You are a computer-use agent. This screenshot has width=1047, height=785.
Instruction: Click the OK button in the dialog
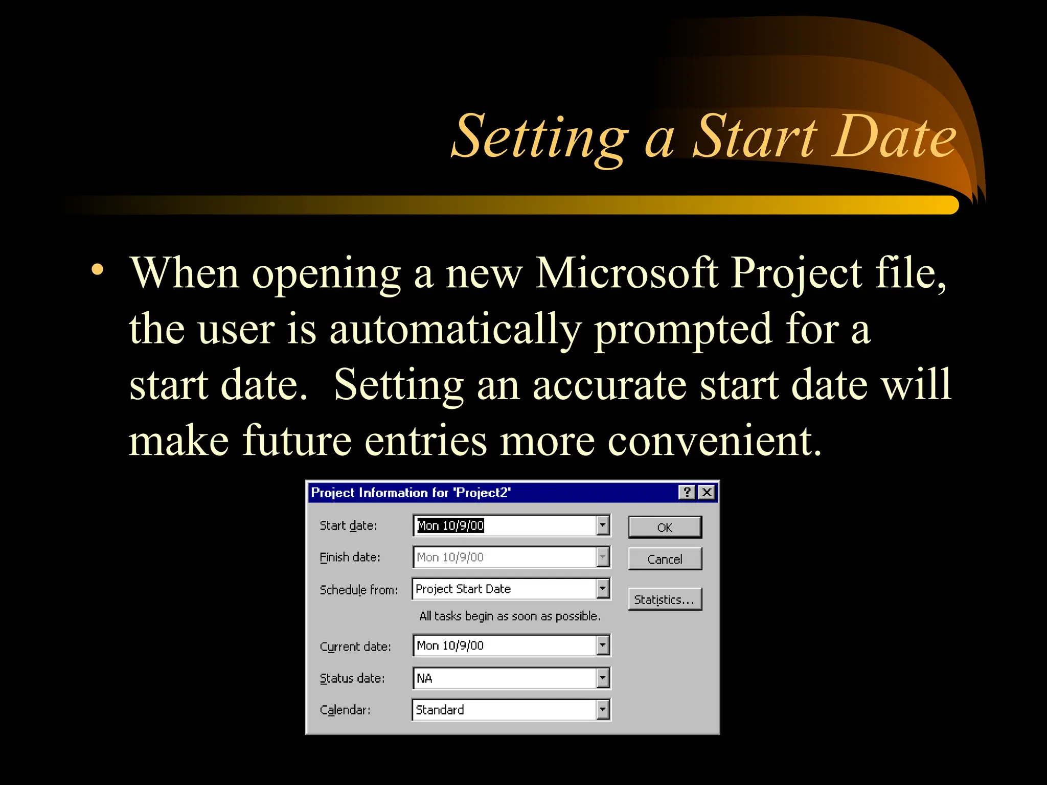(x=665, y=527)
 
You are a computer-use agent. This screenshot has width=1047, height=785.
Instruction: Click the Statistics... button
(x=665, y=599)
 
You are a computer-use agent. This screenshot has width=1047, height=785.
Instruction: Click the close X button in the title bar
(x=707, y=492)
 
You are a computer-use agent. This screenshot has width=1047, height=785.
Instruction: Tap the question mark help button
(x=687, y=492)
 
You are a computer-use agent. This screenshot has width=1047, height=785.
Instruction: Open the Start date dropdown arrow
(x=603, y=525)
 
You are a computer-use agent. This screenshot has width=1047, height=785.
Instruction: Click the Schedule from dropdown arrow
(x=603, y=588)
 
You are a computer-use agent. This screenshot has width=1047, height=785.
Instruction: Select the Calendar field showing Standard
(x=504, y=710)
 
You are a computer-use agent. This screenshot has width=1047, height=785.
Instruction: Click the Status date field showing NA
(x=504, y=678)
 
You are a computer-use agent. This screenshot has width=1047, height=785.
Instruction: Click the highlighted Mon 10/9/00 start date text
(x=450, y=525)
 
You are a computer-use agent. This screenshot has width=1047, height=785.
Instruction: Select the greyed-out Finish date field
(x=504, y=557)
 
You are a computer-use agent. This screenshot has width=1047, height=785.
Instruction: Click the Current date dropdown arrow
(x=603, y=645)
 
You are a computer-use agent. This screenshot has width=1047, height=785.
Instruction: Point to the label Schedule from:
(x=358, y=590)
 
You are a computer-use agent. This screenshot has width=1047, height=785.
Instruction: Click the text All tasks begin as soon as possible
(x=509, y=616)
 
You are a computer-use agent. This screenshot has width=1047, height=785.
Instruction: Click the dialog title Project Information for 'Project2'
(x=411, y=493)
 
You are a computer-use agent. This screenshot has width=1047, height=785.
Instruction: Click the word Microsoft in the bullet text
(x=626, y=273)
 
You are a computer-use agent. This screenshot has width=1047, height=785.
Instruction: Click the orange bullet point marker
(x=97, y=269)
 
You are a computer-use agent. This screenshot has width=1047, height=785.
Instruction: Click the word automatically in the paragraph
(x=455, y=329)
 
